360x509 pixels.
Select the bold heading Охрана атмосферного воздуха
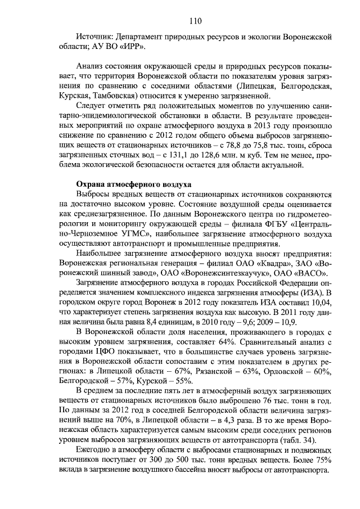133,184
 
